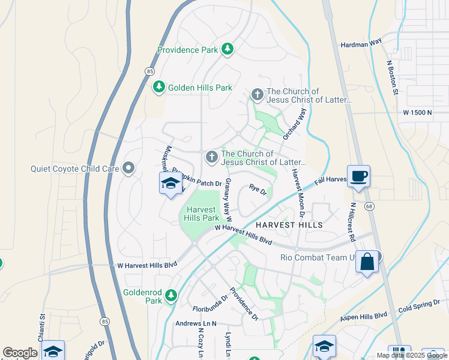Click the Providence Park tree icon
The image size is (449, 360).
coord(228,49)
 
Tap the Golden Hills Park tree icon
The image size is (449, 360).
coord(159,88)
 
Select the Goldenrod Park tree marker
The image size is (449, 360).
coord(172,295)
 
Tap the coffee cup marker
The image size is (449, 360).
coord(359,177)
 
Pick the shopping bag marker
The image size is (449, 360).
coord(367,262)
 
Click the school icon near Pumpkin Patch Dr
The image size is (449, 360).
coord(170,182)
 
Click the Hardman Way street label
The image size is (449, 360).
coord(361,44)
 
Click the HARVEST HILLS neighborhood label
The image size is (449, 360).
coord(289,225)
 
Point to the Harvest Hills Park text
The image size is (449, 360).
coord(202,214)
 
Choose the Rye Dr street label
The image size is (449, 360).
coord(258,190)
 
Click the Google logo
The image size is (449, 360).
coord(20,353)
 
